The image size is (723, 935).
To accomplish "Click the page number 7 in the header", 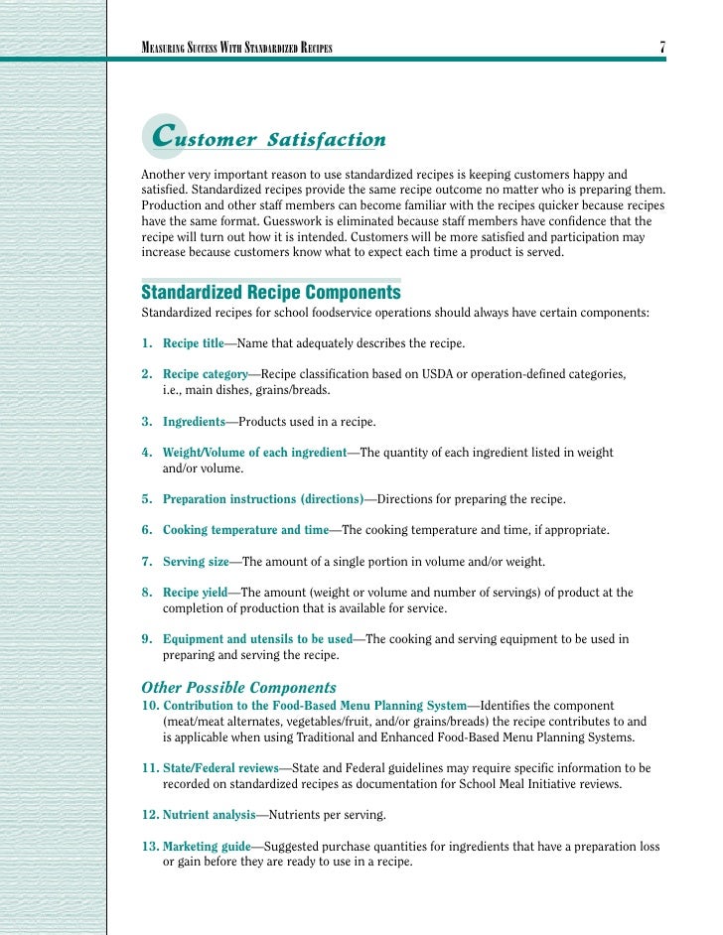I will tap(661, 48).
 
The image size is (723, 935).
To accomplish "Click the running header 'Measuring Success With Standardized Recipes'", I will tap(237, 48).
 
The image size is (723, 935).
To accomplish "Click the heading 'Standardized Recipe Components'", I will tap(271, 293).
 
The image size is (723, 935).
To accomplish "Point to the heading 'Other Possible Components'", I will tap(239, 687).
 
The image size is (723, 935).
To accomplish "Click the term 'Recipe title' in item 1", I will tap(194, 343).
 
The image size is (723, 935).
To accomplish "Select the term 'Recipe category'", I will tap(205, 374).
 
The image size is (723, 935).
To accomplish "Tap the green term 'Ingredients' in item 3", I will tap(194, 422).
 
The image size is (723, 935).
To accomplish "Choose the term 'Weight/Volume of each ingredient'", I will tap(254, 453).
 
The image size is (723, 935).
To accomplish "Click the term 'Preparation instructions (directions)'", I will tap(263, 499).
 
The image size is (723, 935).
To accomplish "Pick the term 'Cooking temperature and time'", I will tap(245, 530).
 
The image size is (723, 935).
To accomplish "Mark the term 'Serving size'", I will tap(195, 562).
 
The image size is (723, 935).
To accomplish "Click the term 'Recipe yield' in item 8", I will tap(195, 593).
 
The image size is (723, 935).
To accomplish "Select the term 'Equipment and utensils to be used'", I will tap(257, 639).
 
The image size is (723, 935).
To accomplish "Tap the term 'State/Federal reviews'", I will tap(220, 768).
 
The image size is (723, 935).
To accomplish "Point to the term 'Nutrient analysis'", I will tap(209, 815).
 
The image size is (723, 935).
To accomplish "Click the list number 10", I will tap(149, 705).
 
